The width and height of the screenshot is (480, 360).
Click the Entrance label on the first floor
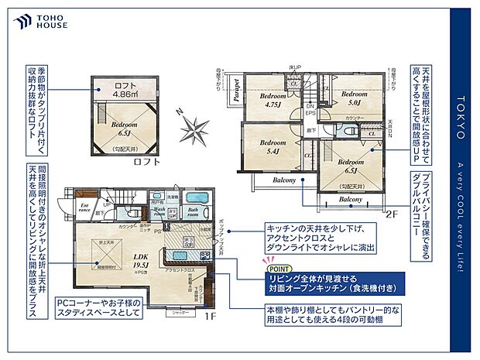pyautogui.click(x=85, y=207)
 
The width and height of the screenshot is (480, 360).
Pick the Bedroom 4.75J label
pyautogui.click(x=271, y=99)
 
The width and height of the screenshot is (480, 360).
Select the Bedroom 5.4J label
pyautogui.click(x=273, y=146)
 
